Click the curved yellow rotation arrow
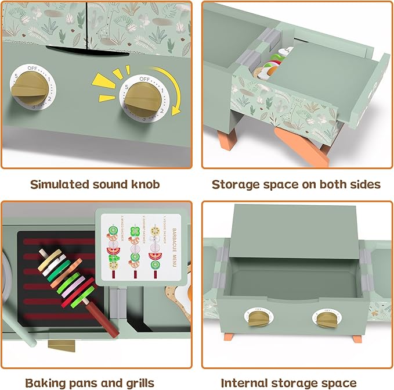pyautogui.click(x=173, y=99)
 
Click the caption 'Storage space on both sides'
pyautogui.click(x=296, y=185)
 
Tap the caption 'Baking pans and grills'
pyautogui.click(x=89, y=382)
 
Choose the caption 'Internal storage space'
pyautogui.click(x=288, y=382)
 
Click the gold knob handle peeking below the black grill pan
pyautogui.click(x=59, y=344)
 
